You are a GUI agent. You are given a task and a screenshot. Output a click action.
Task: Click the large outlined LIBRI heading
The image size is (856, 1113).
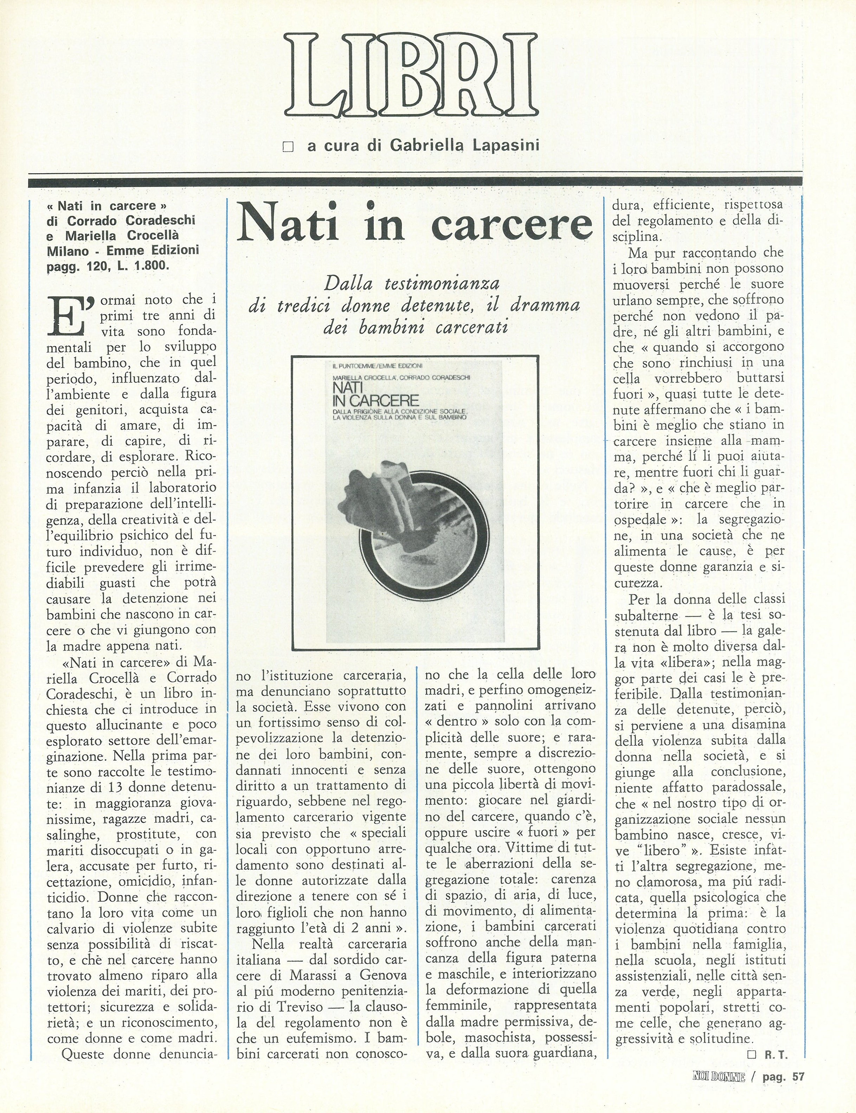click(410, 75)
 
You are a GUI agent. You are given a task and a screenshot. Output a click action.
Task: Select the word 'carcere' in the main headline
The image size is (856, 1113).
click(513, 224)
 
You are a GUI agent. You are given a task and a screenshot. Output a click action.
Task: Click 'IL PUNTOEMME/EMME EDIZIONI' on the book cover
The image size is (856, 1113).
click(377, 365)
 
